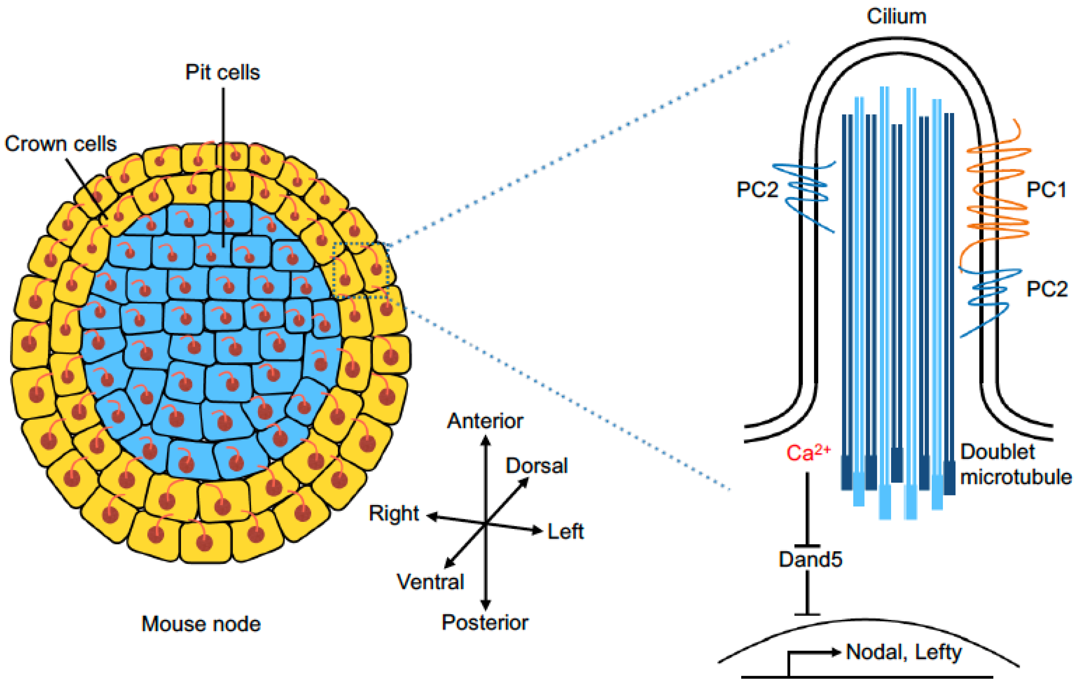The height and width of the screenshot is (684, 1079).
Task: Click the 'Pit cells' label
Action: tap(222, 73)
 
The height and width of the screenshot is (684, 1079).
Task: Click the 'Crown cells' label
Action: tap(60, 144)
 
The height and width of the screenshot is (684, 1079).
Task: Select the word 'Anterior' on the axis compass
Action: tap(485, 421)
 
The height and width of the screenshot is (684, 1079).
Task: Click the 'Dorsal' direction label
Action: tap(537, 466)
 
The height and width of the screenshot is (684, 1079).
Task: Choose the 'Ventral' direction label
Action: tap(430, 582)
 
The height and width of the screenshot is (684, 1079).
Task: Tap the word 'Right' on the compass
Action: tap(393, 513)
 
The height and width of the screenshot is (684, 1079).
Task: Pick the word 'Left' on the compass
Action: tap(566, 532)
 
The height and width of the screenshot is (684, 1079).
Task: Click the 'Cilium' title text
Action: tap(896, 16)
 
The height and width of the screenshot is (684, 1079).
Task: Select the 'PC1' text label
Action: tap(1046, 190)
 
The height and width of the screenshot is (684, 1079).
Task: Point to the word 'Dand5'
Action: tap(810, 560)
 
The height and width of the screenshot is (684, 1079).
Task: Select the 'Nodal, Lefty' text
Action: tap(903, 652)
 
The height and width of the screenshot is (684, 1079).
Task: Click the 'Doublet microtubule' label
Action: tap(1015, 464)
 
